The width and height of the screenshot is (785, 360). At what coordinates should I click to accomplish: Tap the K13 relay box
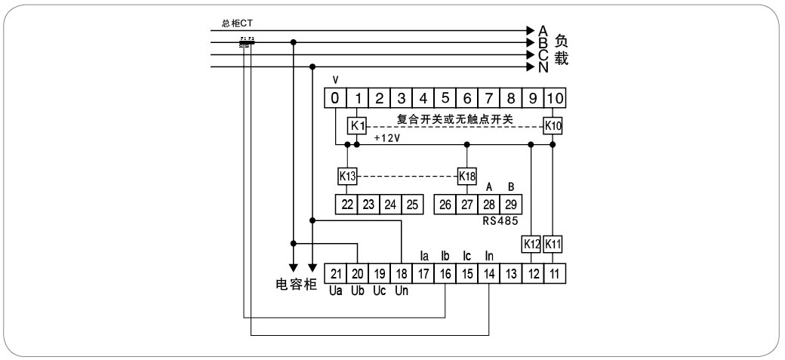[346, 176]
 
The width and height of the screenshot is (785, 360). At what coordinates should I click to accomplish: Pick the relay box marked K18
[467, 176]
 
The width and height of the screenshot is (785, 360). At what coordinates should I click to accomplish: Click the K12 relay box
[531, 245]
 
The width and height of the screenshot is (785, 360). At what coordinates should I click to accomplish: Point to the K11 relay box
[553, 245]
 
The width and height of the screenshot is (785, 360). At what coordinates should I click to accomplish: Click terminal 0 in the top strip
[335, 97]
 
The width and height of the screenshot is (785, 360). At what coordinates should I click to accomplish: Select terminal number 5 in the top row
[445, 97]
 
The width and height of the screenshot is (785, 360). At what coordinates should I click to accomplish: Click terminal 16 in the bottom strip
[445, 273]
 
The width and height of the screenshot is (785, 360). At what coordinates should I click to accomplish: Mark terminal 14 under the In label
[489, 273]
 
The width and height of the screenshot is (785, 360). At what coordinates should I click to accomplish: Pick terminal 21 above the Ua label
[336, 273]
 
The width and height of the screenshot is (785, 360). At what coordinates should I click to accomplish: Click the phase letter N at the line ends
[543, 67]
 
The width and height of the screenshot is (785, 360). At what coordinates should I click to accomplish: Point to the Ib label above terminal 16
[445, 257]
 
